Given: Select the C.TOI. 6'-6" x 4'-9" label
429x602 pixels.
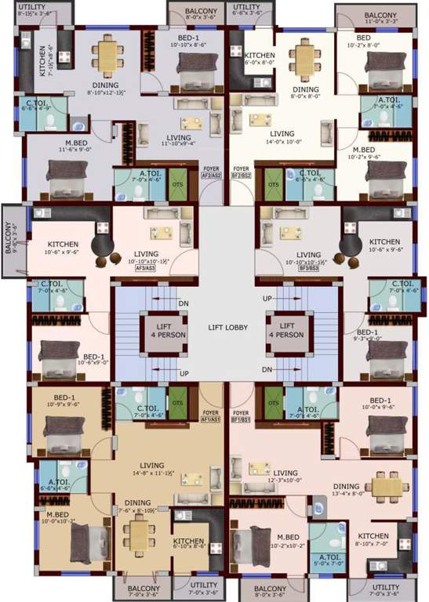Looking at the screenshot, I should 38,106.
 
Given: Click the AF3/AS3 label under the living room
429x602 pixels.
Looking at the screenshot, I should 145,269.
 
